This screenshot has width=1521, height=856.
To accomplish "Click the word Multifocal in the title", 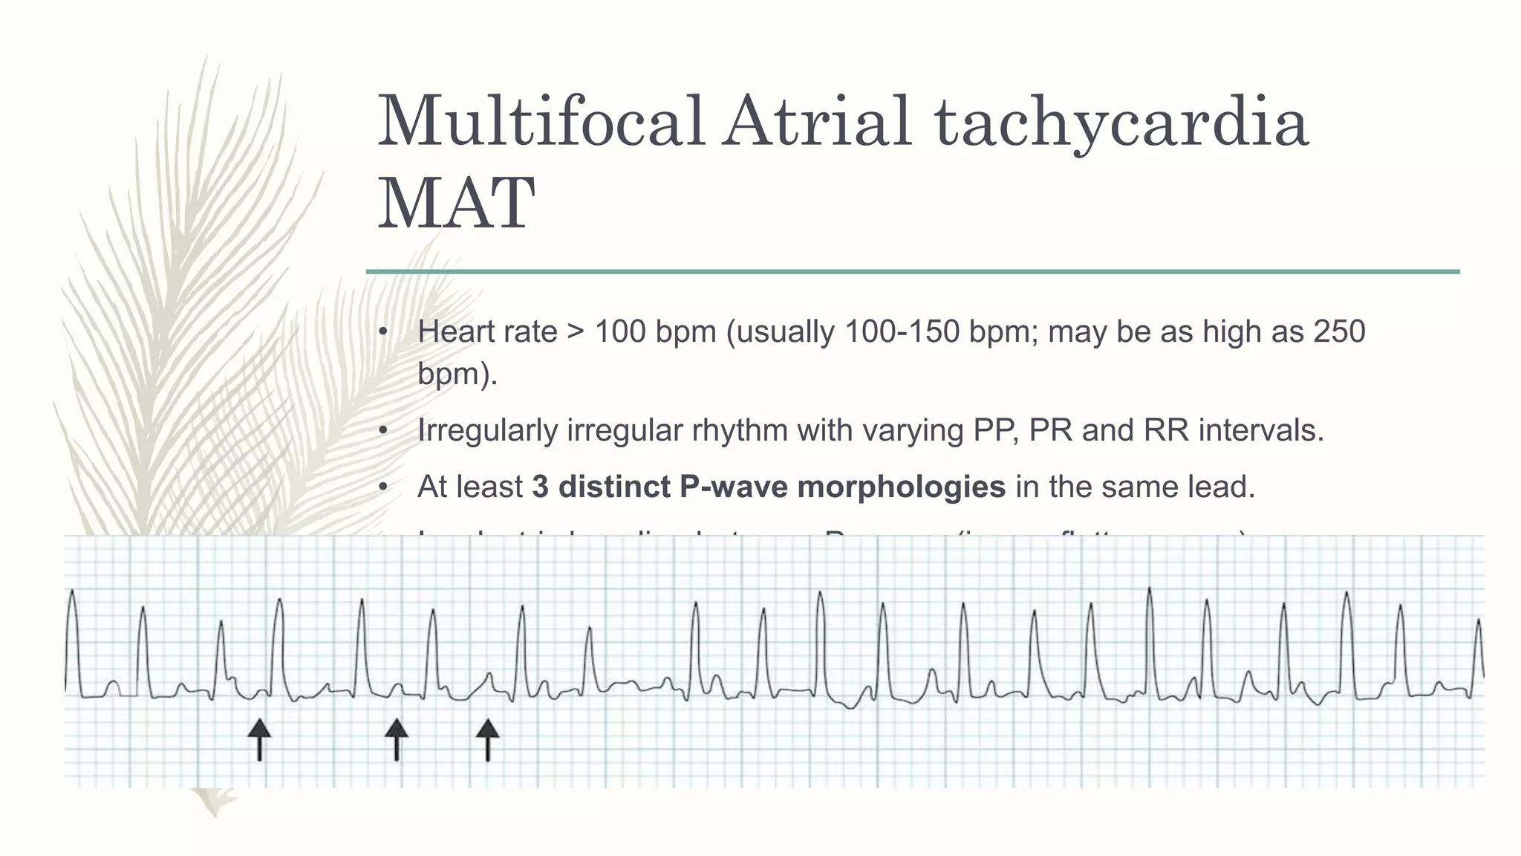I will point(541,122).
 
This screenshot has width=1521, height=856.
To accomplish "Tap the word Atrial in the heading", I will point(817,122).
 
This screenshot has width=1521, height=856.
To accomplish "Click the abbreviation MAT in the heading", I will point(456,204).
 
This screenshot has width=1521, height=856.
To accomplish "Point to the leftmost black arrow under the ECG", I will point(259,739).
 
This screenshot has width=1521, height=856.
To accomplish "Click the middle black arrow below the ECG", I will point(397,739).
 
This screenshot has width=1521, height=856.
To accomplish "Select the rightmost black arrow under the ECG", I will point(487,739).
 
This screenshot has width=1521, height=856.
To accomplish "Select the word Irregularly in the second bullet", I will point(486,431).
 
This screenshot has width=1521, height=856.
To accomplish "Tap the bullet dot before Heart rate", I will point(382,332).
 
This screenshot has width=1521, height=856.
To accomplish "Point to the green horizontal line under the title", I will point(913,272).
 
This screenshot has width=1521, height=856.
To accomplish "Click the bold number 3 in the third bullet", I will point(541,487).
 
